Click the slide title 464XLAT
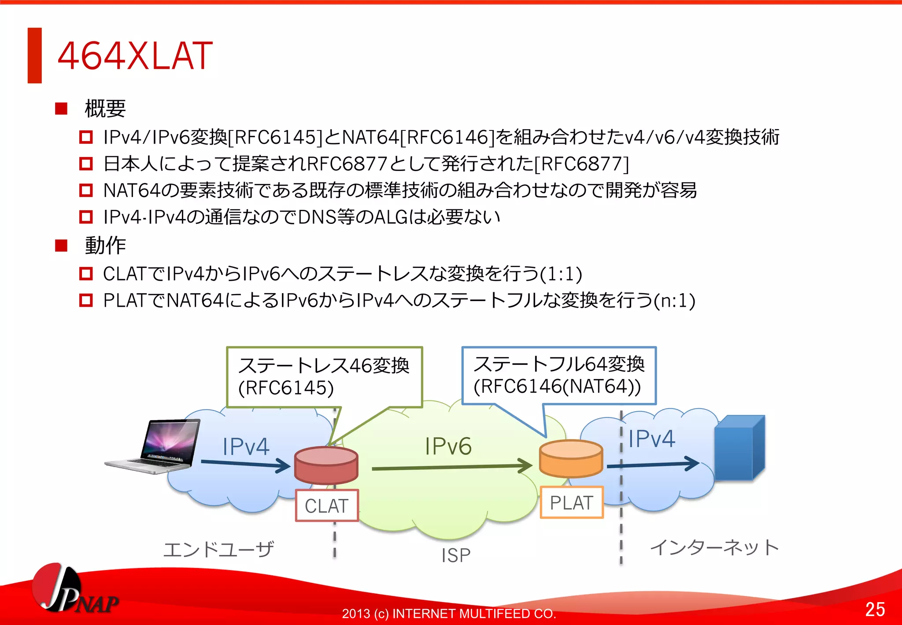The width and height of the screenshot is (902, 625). [x=135, y=56]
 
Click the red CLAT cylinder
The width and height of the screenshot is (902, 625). [x=326, y=465]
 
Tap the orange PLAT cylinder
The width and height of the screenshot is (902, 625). [x=571, y=459]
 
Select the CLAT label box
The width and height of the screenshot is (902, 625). [x=327, y=506]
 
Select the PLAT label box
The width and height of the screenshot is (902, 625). [x=571, y=502]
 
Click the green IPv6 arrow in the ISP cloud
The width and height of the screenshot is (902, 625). [x=451, y=467]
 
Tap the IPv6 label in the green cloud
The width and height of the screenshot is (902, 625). [x=448, y=446]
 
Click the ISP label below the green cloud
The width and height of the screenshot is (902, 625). [x=456, y=555]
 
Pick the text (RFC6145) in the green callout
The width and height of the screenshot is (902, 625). [x=286, y=388]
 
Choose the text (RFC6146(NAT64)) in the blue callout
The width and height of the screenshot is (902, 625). [x=557, y=387]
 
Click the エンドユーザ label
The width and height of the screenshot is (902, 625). [x=218, y=550]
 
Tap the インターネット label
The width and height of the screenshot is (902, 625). [x=714, y=547]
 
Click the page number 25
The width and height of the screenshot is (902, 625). [x=875, y=609]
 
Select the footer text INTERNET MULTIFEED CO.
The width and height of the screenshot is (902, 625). [x=473, y=614]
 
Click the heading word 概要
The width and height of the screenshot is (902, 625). [x=105, y=108]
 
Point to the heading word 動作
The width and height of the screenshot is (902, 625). [x=105, y=246]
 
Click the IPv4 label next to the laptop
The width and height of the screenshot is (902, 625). [x=246, y=446]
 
